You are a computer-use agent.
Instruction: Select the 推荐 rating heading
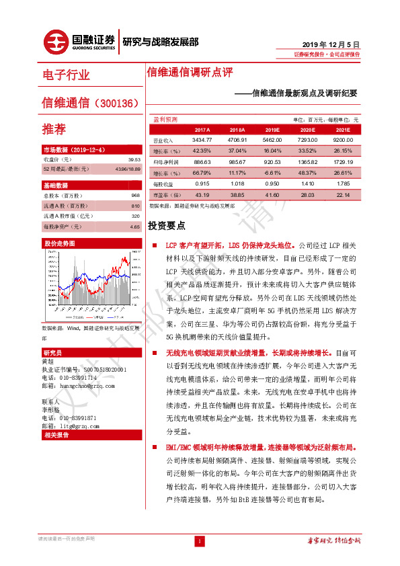tap(54, 128)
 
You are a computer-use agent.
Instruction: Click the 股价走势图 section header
tap(57, 243)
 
